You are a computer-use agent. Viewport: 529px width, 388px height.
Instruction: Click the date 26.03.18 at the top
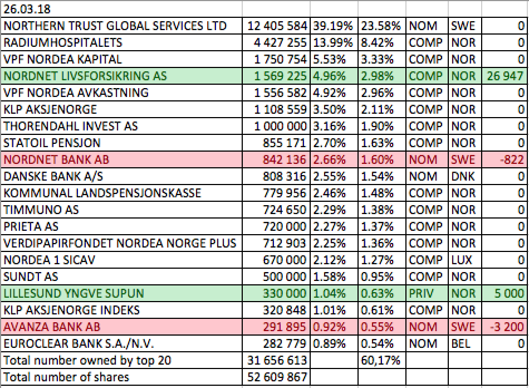pos(27,9)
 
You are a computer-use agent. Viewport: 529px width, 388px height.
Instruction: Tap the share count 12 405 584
pos(277,26)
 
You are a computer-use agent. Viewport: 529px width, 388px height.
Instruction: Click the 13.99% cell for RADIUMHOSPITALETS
pos(332,42)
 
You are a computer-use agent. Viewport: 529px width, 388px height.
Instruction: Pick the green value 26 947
pos(505,76)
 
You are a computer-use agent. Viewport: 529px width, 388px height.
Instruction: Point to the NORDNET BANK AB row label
pos(56,160)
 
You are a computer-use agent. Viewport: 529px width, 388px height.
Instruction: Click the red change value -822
pos(512,160)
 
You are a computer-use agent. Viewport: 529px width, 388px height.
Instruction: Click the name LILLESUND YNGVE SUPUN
pos(74,293)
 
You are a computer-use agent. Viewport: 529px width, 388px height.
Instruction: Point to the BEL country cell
pos(461,344)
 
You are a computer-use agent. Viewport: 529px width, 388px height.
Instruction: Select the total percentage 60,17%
pos(380,360)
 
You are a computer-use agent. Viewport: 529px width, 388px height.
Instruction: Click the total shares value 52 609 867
pos(277,377)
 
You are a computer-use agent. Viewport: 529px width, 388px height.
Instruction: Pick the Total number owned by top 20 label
pos(87,360)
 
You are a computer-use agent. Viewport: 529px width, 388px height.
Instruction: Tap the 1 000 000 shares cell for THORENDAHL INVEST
pos(280,127)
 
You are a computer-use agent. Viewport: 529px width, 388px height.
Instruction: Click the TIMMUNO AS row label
pos(41,210)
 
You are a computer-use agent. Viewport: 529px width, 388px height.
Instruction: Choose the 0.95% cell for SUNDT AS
pos(377,277)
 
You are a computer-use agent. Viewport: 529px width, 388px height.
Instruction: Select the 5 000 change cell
pos(509,293)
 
